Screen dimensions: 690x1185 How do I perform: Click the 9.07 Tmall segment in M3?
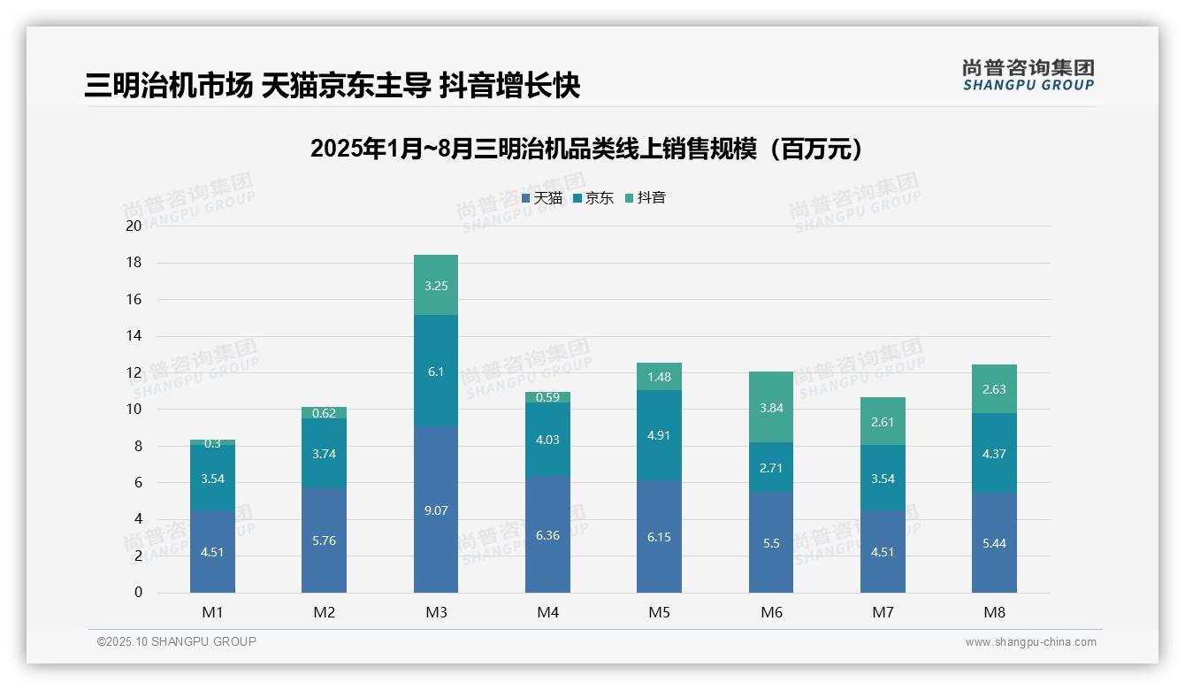click(x=436, y=510)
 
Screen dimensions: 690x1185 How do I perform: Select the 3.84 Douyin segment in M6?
click(x=771, y=408)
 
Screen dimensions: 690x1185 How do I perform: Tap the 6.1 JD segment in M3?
click(x=436, y=372)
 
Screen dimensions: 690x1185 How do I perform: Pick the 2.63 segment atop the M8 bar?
click(x=994, y=389)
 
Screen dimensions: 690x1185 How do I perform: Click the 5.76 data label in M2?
click(x=324, y=540)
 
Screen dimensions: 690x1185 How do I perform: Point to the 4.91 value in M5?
click(x=659, y=435)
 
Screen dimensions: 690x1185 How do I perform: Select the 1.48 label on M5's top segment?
click(x=659, y=377)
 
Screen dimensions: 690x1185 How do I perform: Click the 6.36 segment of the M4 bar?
click(x=547, y=534)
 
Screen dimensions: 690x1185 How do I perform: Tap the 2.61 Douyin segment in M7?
click(x=883, y=422)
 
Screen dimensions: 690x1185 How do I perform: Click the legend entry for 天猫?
click(x=542, y=198)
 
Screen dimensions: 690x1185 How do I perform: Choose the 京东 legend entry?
click(x=593, y=198)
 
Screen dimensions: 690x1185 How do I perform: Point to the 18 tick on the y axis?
click(x=134, y=263)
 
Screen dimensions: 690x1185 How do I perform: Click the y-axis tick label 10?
click(x=134, y=410)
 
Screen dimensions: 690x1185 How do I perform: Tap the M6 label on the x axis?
click(x=771, y=612)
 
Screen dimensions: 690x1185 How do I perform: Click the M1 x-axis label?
click(x=212, y=612)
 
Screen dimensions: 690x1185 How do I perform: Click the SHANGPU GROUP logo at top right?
click(x=1028, y=75)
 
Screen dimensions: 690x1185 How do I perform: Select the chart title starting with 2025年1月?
click(x=586, y=149)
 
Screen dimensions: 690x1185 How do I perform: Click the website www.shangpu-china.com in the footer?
click(x=1030, y=642)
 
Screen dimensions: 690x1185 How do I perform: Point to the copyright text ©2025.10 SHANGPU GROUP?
click(x=177, y=642)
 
